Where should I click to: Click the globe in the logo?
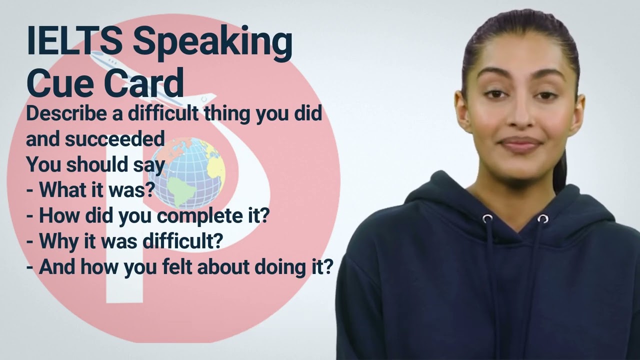(x=187, y=172)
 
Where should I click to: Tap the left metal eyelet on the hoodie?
(x=487, y=218)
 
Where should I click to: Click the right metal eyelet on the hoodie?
(x=542, y=218)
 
